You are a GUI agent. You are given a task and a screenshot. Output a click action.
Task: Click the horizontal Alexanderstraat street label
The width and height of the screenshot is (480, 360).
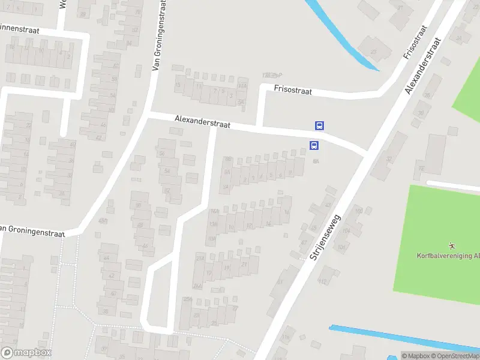203,121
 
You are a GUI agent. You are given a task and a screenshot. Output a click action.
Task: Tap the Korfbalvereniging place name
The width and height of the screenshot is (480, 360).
448,256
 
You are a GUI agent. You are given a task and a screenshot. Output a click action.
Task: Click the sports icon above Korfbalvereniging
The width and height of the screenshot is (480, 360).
451,245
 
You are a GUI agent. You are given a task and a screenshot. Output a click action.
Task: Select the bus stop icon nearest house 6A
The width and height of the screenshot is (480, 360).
313,145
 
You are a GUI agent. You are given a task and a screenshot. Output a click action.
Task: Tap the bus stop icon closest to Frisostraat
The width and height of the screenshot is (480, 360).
320,125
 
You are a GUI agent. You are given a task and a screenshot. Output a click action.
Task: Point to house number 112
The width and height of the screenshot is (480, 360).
322,281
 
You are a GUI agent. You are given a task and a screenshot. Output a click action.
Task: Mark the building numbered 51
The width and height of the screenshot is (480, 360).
280,281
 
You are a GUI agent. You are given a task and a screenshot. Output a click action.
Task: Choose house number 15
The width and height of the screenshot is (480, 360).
178,85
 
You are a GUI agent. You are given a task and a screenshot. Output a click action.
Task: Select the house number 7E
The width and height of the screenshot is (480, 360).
421,169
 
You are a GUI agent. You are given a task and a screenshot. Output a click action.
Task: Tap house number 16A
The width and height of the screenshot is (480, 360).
214,211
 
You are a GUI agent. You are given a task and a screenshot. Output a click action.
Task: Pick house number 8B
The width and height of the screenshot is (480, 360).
227,159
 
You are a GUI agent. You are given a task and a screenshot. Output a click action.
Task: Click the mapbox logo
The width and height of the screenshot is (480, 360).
26,353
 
